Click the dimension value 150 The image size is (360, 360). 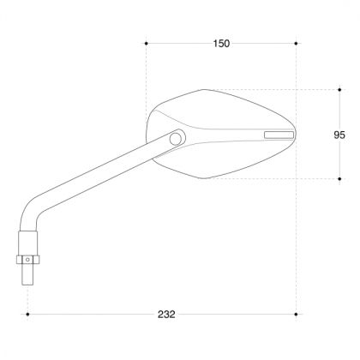[220, 44]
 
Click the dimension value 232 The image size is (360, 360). [167, 315]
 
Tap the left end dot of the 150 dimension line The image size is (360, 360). [147, 42]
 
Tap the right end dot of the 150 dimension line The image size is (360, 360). [296, 42]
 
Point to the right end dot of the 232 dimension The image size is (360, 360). [296, 315]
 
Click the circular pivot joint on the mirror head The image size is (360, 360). [176, 138]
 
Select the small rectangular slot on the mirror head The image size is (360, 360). [278, 135]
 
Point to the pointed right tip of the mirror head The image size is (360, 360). [295, 132]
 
